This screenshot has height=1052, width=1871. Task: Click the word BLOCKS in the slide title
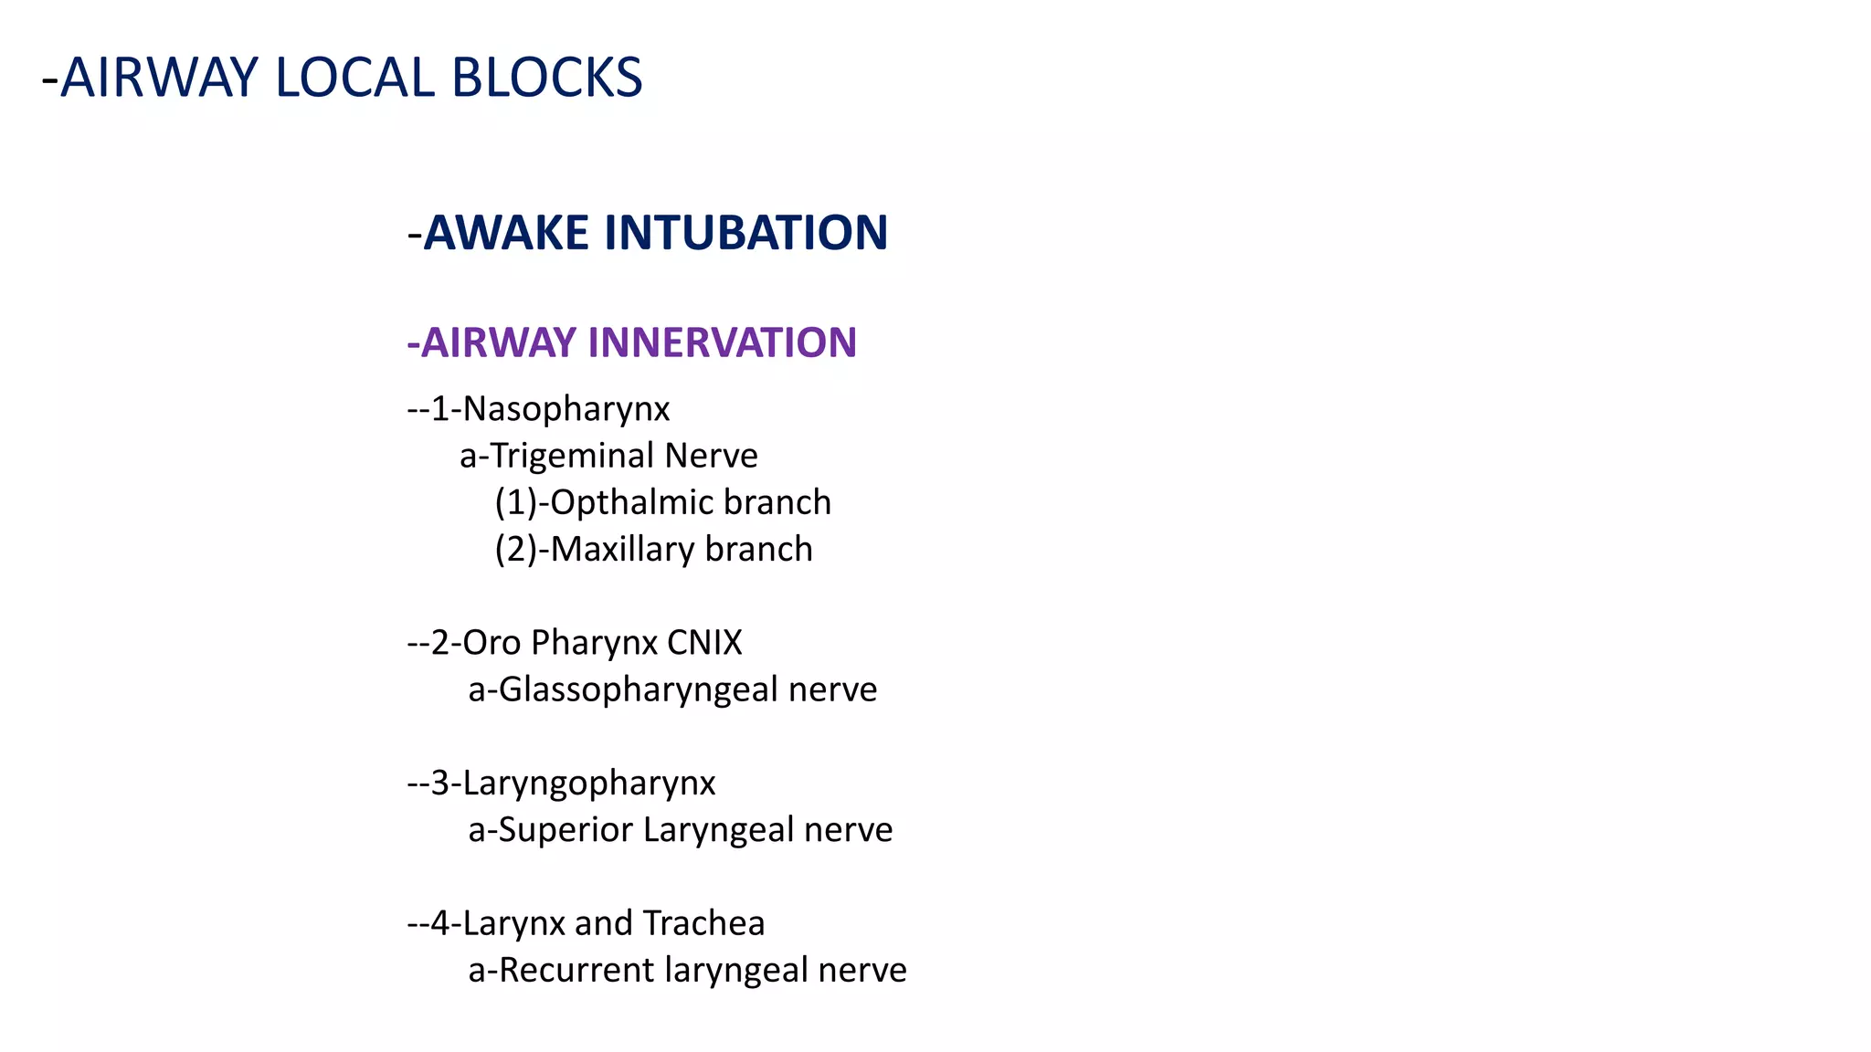tap(546, 78)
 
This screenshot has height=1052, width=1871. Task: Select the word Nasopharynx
tap(566, 409)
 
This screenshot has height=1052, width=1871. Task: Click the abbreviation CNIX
tap(704, 642)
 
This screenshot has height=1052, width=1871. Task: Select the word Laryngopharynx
tap(589, 784)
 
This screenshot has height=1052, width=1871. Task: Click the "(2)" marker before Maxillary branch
tap(515, 550)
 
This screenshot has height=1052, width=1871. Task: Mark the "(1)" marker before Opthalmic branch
tap(515, 503)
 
